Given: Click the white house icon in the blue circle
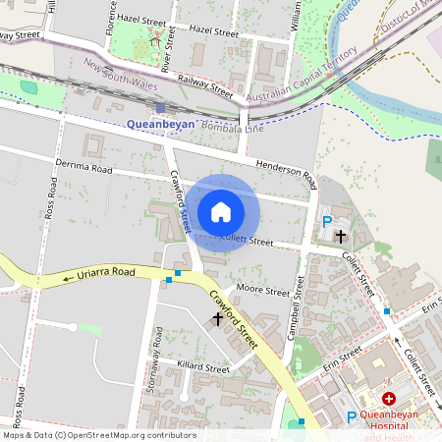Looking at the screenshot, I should [x=221, y=212].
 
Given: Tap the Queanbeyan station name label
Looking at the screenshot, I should [x=161, y=125].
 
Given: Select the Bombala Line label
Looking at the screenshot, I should [x=233, y=128].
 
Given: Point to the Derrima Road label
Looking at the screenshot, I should [x=84, y=168].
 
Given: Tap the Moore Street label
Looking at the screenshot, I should [x=263, y=291].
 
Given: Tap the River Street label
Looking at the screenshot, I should [x=166, y=62].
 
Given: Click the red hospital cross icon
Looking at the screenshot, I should [x=389, y=399].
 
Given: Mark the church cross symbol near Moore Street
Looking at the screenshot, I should [x=217, y=319].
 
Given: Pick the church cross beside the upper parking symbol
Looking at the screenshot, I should [x=341, y=236].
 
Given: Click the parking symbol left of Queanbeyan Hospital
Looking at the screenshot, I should [x=352, y=417].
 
